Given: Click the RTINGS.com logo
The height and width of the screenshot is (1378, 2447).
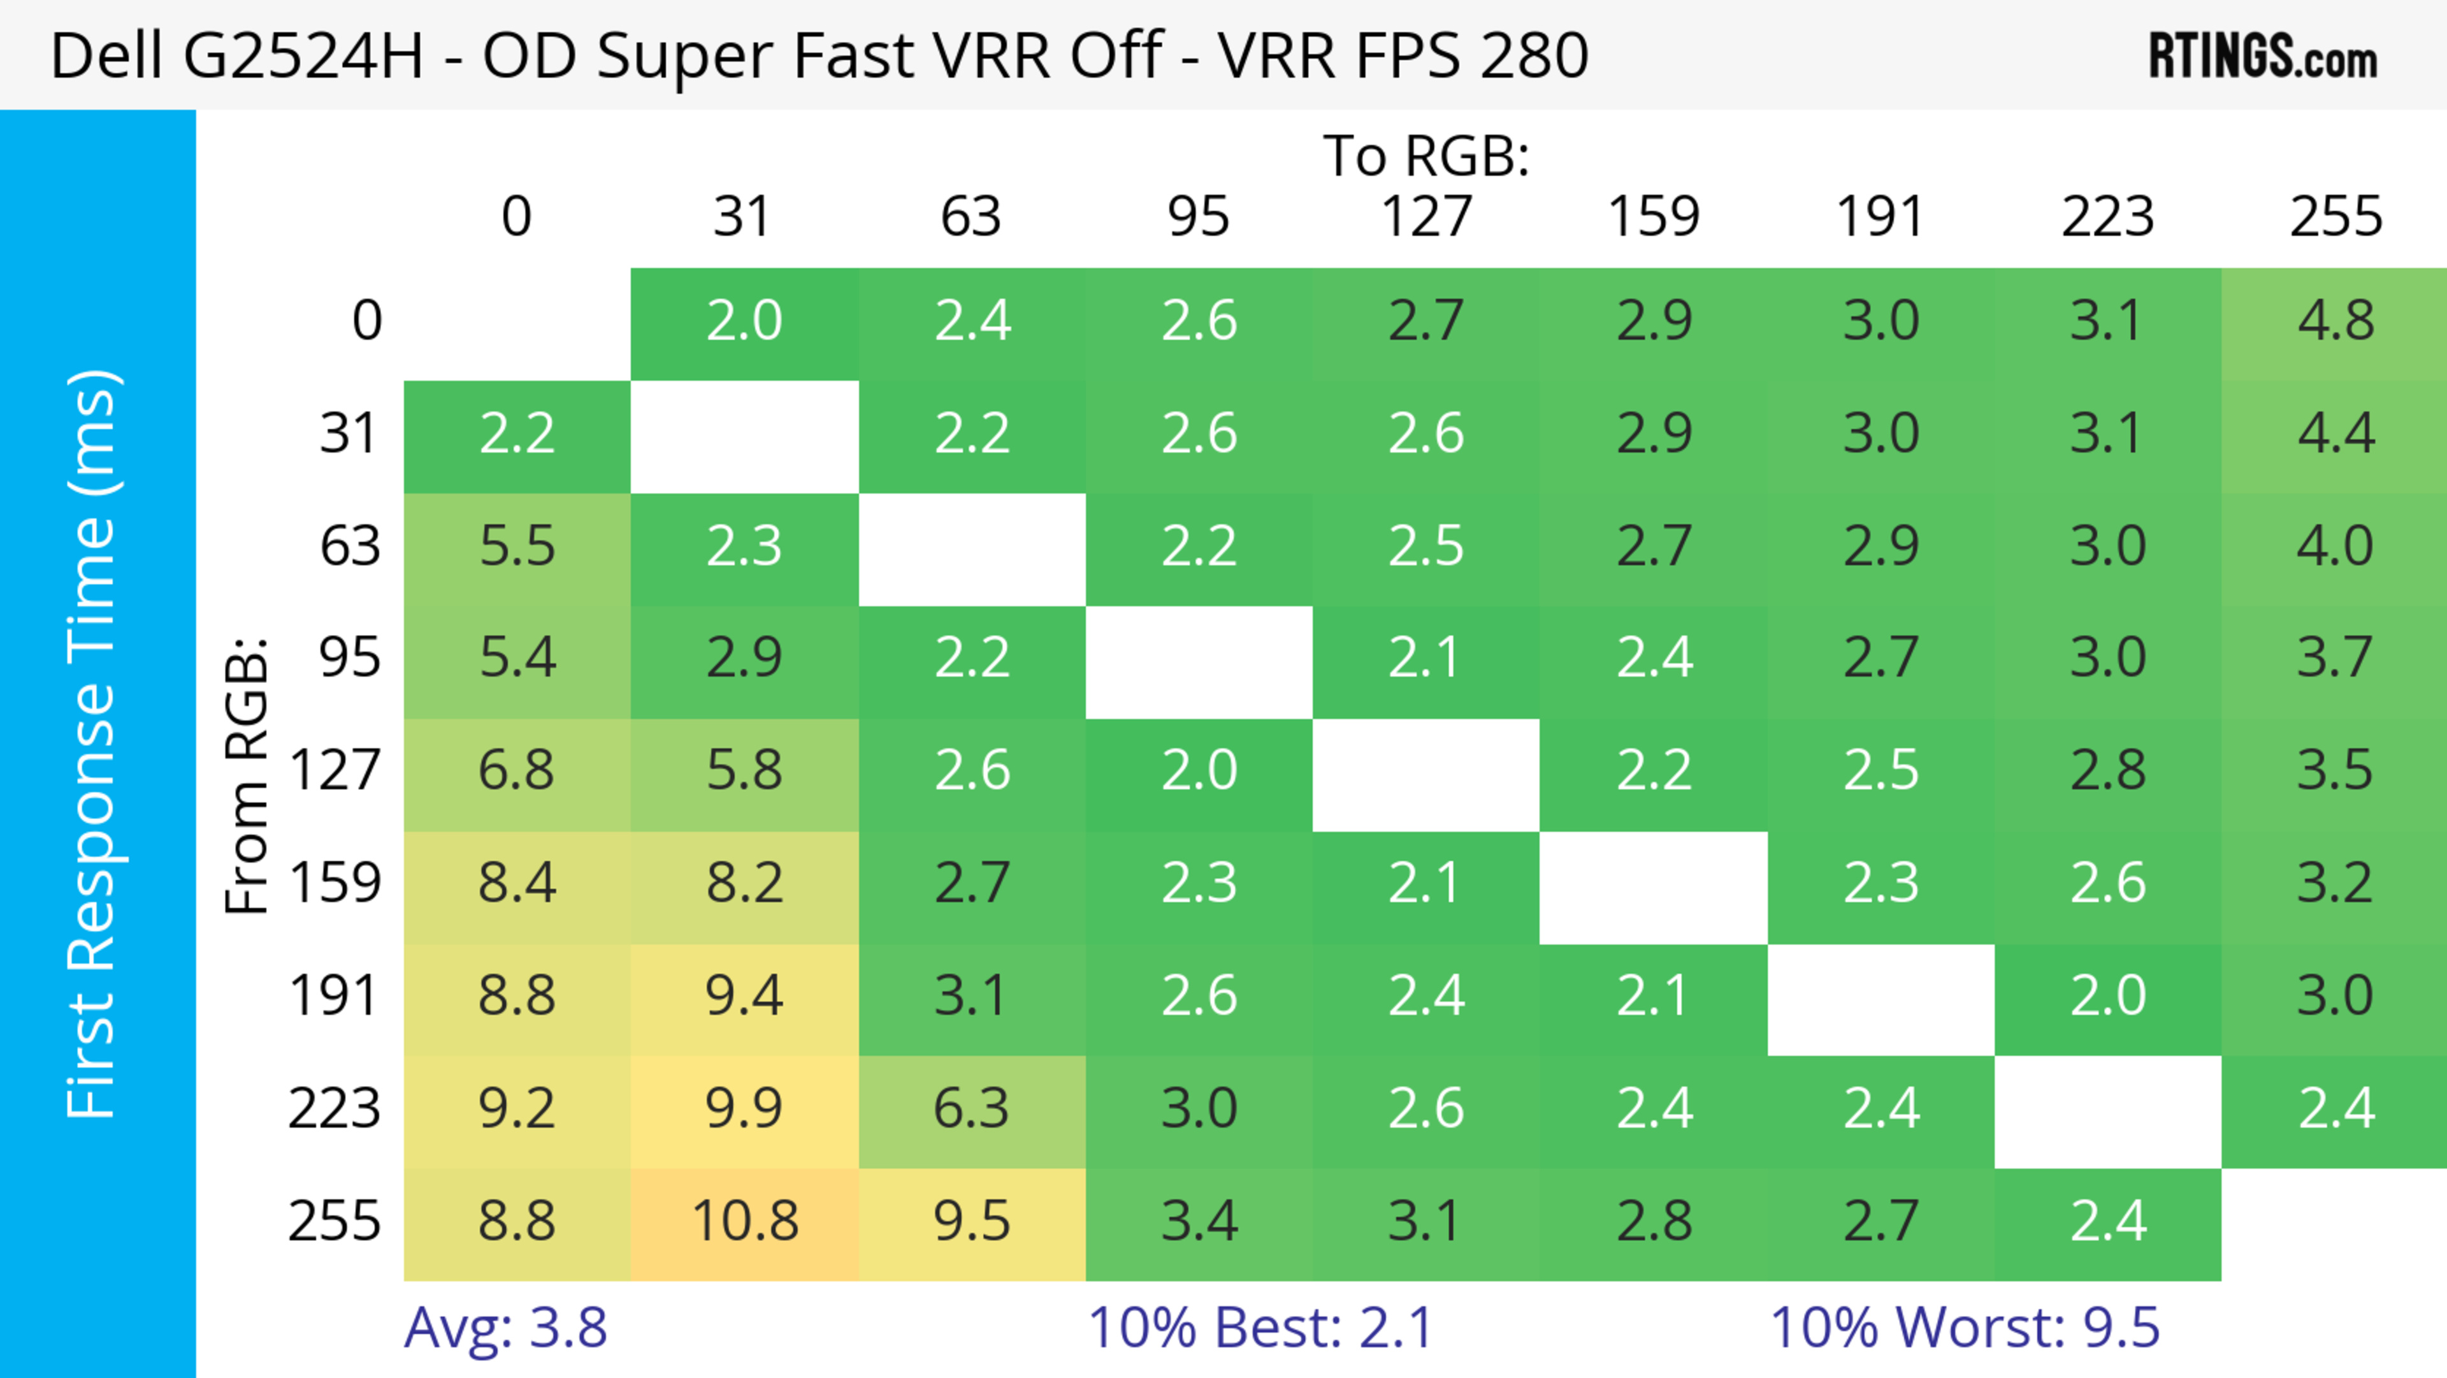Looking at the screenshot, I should tap(2263, 55).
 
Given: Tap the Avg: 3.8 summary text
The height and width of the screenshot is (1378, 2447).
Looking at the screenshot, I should tap(505, 1328).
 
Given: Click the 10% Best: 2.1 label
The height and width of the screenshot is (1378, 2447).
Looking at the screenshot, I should tap(1260, 1328).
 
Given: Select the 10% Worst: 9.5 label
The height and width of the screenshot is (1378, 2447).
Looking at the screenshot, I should tap(1965, 1328).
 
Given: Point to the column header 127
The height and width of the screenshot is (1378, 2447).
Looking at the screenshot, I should tap(1426, 217).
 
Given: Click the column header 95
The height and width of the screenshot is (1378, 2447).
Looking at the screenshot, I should tap(1199, 217).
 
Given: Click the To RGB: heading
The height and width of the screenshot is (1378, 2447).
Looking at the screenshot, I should tap(1426, 156).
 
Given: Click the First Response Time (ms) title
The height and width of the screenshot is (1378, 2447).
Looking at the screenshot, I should tap(93, 743).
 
